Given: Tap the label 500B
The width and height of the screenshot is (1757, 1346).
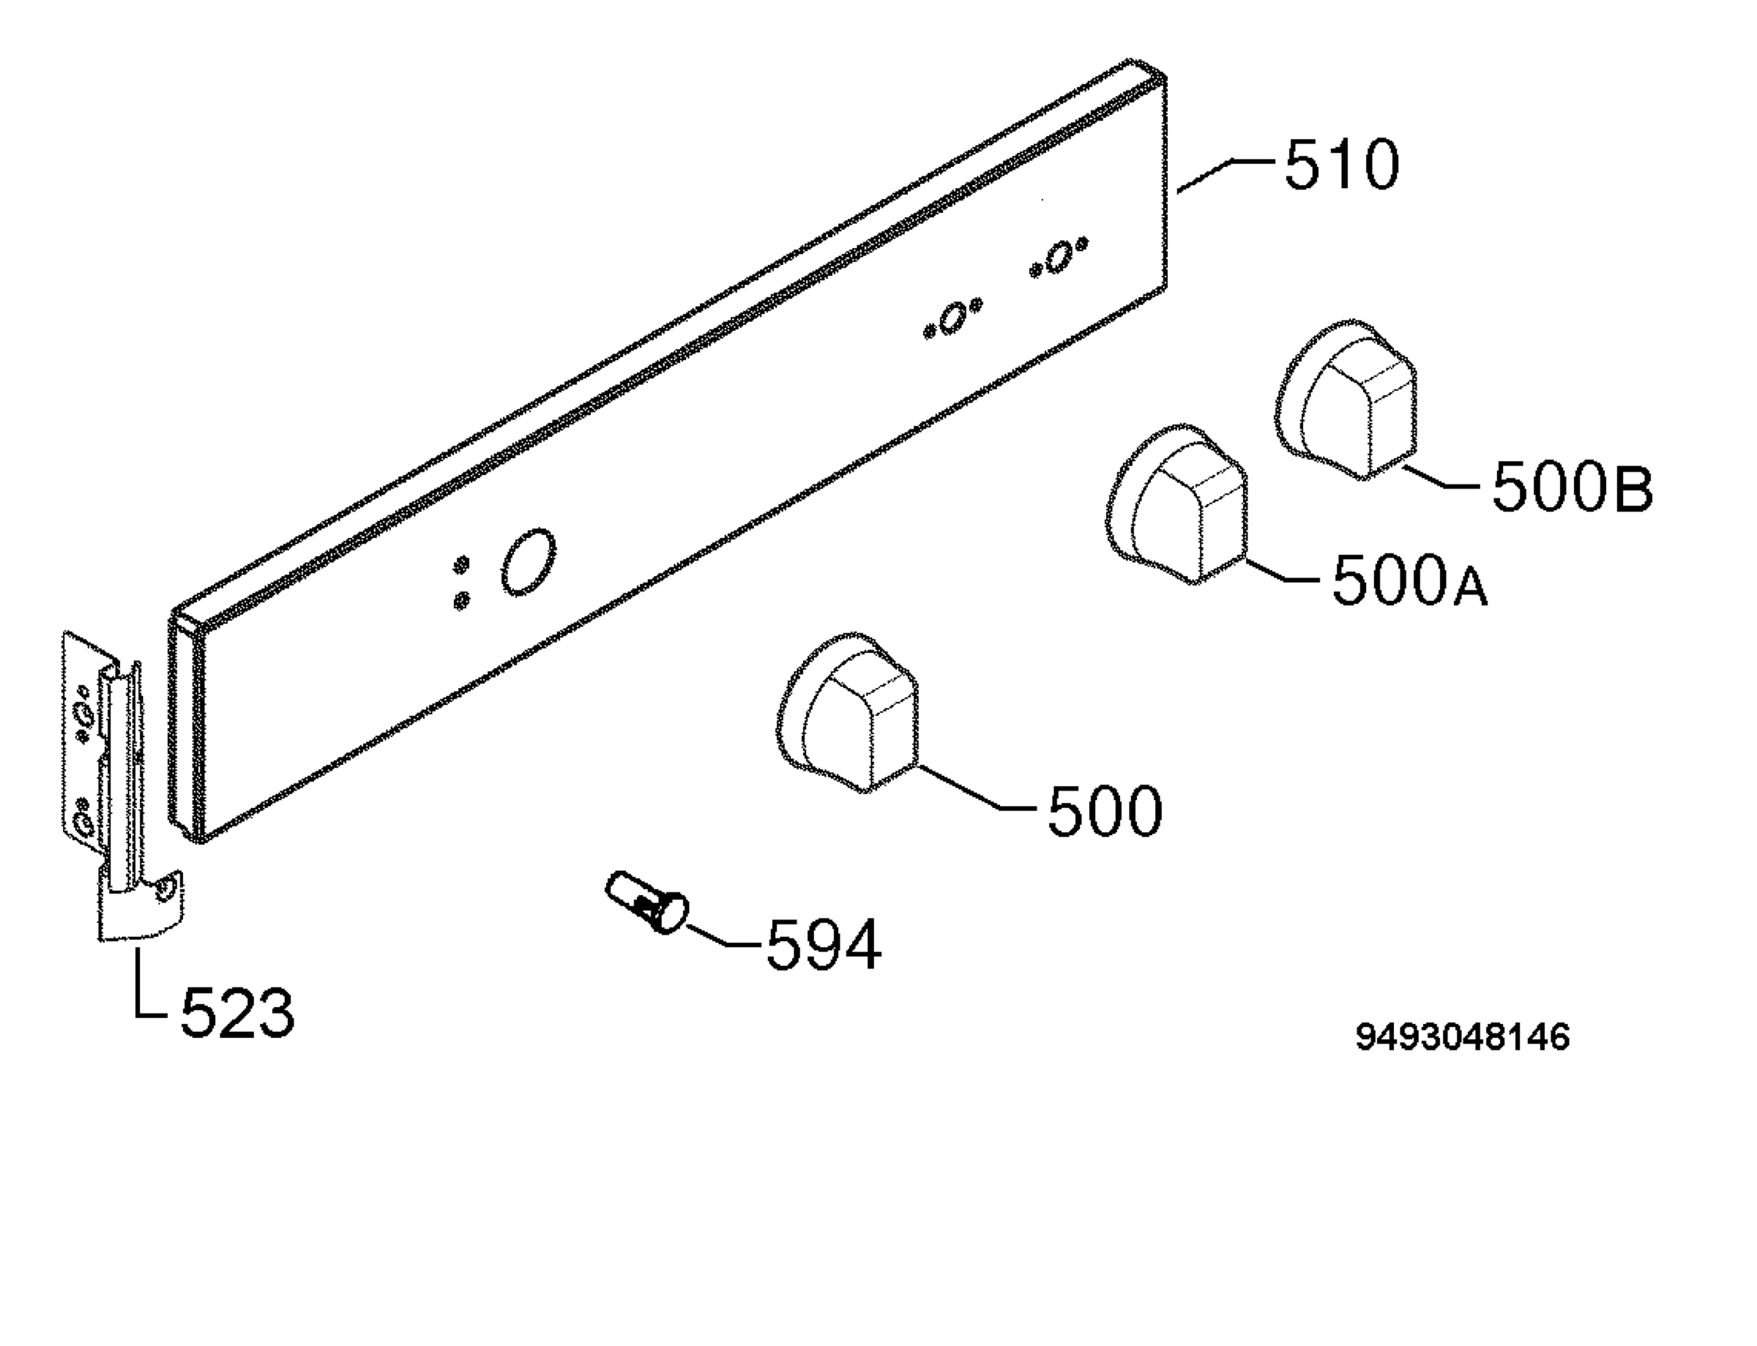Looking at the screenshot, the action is pyautogui.click(x=1573, y=489).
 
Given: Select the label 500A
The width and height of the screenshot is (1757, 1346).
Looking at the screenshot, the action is pyautogui.click(x=1410, y=580).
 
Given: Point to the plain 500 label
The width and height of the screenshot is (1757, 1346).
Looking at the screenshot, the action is pyautogui.click(x=1105, y=811).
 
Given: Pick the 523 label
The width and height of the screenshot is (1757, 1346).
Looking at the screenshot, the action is pyautogui.click(x=237, y=1014).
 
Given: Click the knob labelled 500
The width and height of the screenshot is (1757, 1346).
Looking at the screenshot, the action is pyautogui.click(x=848, y=712).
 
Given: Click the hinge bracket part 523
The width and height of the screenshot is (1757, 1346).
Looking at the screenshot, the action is pyautogui.click(x=124, y=785).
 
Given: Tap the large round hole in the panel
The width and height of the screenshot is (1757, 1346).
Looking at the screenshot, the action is pyautogui.click(x=528, y=561).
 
